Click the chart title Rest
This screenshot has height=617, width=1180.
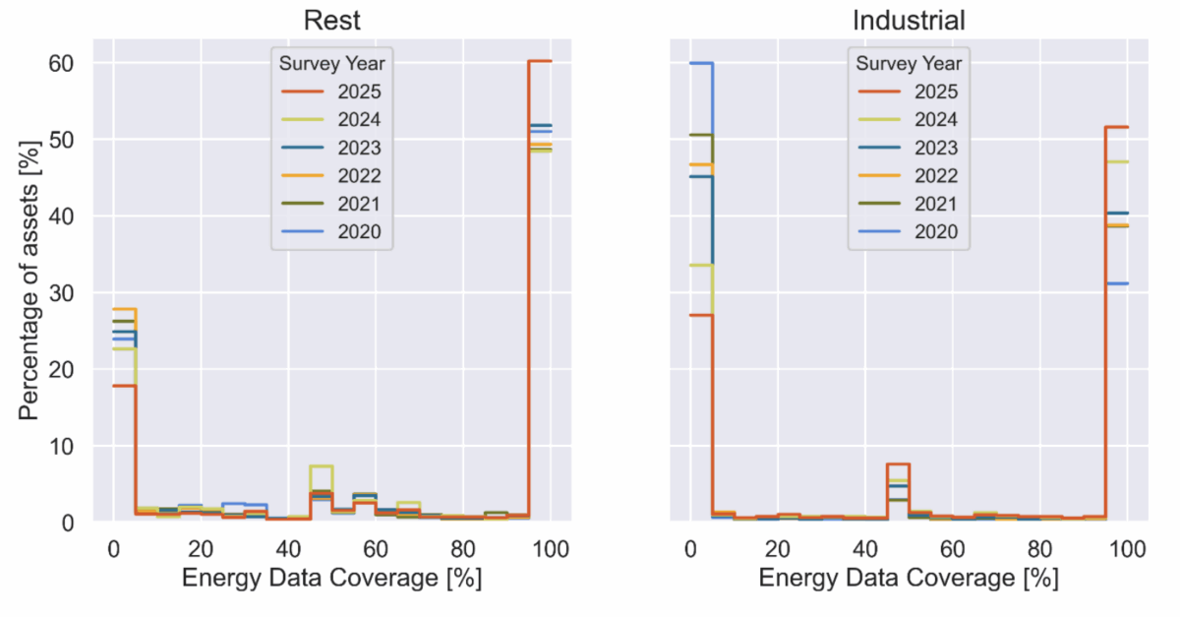click(x=331, y=20)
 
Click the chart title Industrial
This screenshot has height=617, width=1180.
click(x=909, y=20)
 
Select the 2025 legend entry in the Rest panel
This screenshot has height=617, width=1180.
click(x=331, y=93)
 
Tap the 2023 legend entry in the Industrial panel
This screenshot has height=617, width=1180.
click(x=909, y=148)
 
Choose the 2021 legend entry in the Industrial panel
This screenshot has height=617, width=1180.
click(x=909, y=204)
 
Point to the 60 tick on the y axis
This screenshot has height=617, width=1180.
click(x=62, y=63)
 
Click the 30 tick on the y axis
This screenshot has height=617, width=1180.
click(x=62, y=293)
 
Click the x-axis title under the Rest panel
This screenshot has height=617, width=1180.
click(x=331, y=580)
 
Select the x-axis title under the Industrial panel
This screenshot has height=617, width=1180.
click(x=909, y=580)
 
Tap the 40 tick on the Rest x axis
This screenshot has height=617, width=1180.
click(x=287, y=548)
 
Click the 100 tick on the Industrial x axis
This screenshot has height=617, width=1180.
click(x=1127, y=548)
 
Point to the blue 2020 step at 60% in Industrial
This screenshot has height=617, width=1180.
click(x=701, y=63)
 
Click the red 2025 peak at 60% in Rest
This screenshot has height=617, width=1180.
click(x=540, y=61)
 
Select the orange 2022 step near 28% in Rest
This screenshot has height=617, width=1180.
click(x=124, y=309)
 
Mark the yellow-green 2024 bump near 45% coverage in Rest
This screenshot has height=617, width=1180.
click(x=322, y=465)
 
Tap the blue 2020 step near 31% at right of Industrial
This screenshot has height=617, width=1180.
click(x=1117, y=283)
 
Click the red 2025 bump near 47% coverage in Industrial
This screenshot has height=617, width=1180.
click(x=899, y=463)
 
